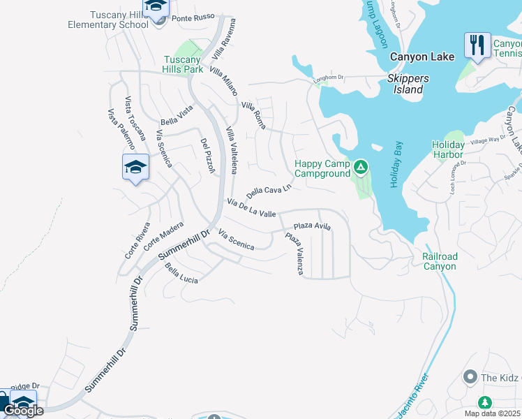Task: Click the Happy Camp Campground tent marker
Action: coord(361,167)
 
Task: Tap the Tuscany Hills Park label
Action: coord(183,64)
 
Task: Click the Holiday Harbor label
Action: coord(448,149)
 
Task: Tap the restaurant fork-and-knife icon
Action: coord(477,45)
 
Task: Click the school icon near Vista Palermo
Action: coord(135,168)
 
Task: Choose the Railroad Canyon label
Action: coord(440,261)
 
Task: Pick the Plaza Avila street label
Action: coord(311,226)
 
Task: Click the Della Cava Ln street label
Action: coord(268,191)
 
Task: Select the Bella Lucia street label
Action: coord(181,273)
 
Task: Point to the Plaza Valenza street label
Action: coord(294,253)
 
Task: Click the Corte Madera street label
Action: coord(163,237)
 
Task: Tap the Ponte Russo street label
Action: coord(191,18)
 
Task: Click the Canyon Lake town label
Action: coord(422,57)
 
